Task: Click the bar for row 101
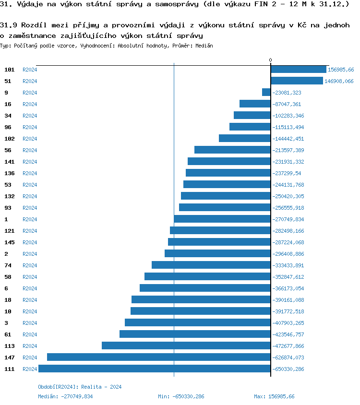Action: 299,70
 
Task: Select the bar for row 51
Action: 297,81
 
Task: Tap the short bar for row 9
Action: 266,93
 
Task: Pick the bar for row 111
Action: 154,369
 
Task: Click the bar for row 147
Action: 158,357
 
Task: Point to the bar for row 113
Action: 186,346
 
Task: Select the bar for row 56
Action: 232,150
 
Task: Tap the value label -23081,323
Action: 287,93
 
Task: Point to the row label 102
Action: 10,139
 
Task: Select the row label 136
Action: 10,173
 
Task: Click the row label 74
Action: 8,265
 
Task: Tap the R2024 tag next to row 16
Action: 30,104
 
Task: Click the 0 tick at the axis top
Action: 270,60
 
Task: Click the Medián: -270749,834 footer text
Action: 65,396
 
